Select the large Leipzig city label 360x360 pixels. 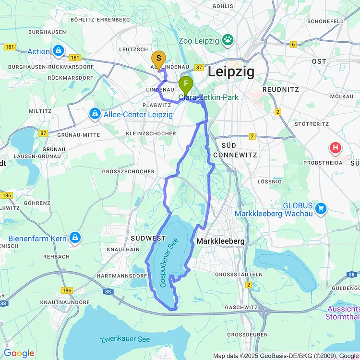pos(231,72)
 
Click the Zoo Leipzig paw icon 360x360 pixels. pos(227,40)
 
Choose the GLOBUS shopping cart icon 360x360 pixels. pos(321,209)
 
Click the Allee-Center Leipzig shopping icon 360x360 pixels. pos(95,114)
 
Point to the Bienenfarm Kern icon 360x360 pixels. pos(74,238)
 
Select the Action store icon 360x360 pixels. pos(59,50)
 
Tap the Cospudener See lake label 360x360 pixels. pos(169,263)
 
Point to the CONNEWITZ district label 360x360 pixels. pos(235,155)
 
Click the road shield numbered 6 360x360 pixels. pos(293,45)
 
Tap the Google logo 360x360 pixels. pos(19,353)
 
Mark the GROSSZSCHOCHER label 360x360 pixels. pos(128,171)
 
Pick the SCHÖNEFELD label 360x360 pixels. pos(325,22)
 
